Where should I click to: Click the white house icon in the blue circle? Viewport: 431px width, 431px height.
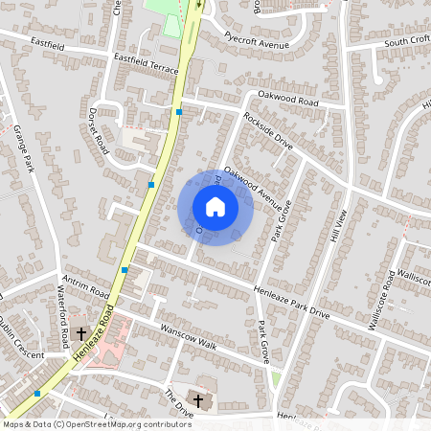click(x=215, y=207)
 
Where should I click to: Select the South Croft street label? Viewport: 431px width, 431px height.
click(x=407, y=42)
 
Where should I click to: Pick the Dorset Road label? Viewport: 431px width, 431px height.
click(x=101, y=138)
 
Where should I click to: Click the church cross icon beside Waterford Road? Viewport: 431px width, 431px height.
click(x=80, y=334)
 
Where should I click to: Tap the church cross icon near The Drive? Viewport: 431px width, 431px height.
click(x=199, y=399)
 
